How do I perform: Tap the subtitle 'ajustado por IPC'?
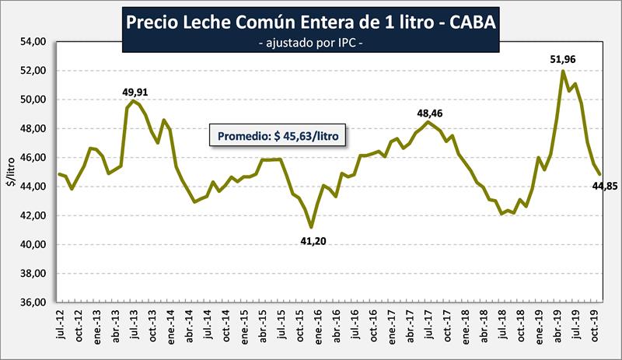tap(310, 44)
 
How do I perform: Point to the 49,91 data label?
tap(135, 92)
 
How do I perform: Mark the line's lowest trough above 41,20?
tap(312, 227)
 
